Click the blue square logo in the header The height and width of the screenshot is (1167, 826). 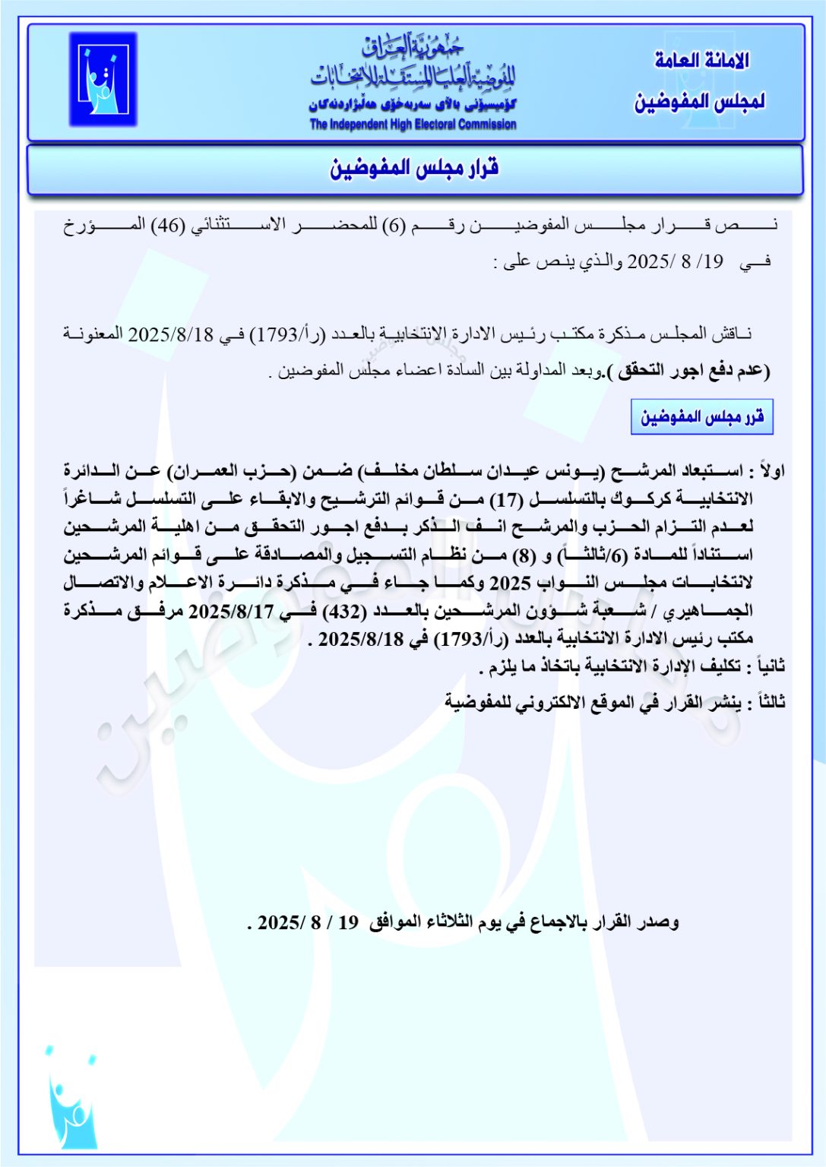pos(103,79)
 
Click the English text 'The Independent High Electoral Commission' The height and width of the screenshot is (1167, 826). pos(413,124)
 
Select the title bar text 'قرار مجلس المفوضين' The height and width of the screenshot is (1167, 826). pos(414,167)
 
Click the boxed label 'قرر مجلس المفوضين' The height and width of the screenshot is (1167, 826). pos(701,417)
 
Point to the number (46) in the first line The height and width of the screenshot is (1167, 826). pos(168,225)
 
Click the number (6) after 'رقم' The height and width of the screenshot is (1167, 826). pos(394,225)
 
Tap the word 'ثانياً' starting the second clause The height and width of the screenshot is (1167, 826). pos(767,667)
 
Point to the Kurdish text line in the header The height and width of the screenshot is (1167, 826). pos(413,105)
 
